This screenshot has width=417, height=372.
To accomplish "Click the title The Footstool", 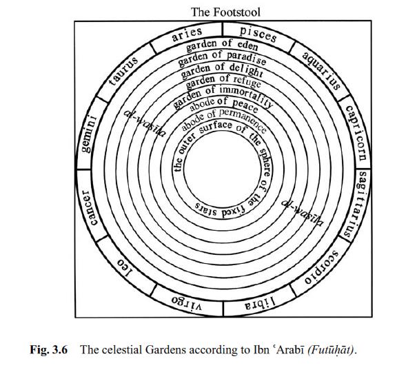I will (225, 12).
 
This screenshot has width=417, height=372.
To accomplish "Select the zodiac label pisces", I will (258, 33).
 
